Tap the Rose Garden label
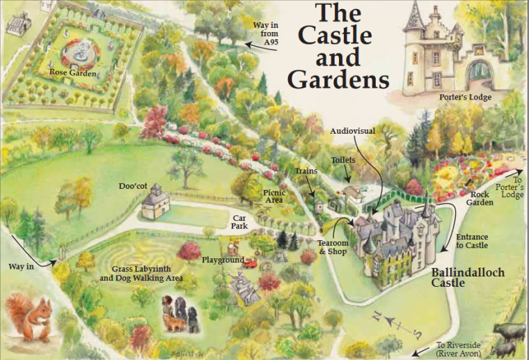coord(72,72)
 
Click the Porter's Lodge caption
coord(466,97)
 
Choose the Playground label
coord(223,260)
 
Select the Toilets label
coord(343,160)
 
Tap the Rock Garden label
coord(482,198)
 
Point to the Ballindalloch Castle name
coord(467,278)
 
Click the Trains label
coord(306,171)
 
